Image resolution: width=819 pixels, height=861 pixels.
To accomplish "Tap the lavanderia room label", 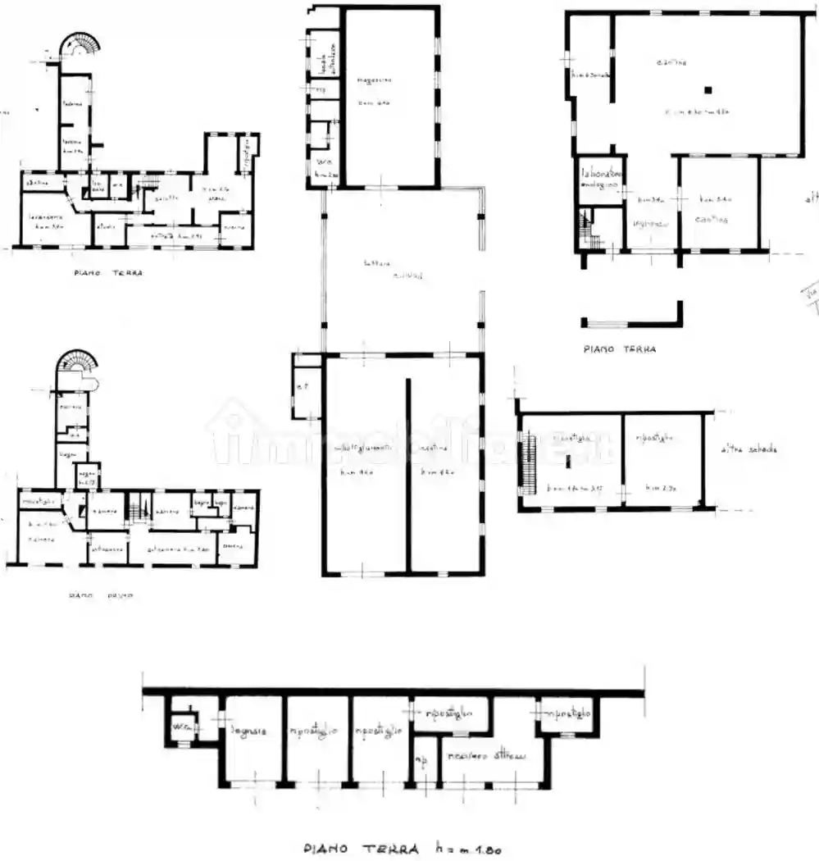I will (x=41, y=217).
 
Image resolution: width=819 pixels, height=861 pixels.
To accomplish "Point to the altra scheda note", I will (x=748, y=449).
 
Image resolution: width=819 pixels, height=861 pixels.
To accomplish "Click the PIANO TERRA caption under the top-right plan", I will (x=620, y=348).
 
